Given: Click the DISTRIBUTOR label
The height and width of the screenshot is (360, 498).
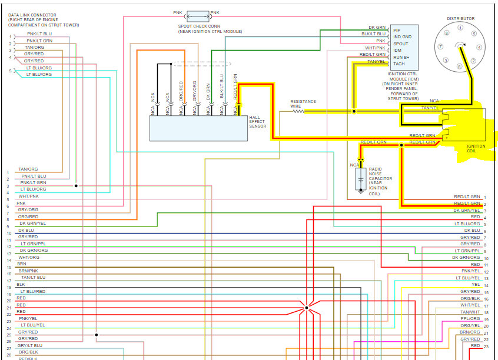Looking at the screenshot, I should pos(460,18).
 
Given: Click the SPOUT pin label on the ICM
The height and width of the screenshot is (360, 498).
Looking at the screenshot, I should pos(401,43).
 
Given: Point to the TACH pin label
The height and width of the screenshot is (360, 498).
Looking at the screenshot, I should pos(399,64).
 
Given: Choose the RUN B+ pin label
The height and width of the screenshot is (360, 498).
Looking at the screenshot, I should pos(402,57).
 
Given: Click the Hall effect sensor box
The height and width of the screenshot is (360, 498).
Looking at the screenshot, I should pos(198,128).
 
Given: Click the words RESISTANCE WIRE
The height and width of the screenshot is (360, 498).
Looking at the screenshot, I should pos(303,104).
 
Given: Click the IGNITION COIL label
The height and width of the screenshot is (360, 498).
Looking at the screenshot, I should pos(476,148).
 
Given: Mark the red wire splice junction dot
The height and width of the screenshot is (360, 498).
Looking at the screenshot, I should pos(307,308).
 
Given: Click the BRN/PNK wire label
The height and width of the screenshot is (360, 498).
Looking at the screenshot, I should pos(28,271).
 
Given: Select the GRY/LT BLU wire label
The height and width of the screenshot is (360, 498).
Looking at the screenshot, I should pos(30,345).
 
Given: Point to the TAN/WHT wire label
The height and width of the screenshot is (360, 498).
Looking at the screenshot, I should pos(470,312).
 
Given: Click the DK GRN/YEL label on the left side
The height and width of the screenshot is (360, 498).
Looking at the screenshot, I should pos(32,224).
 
